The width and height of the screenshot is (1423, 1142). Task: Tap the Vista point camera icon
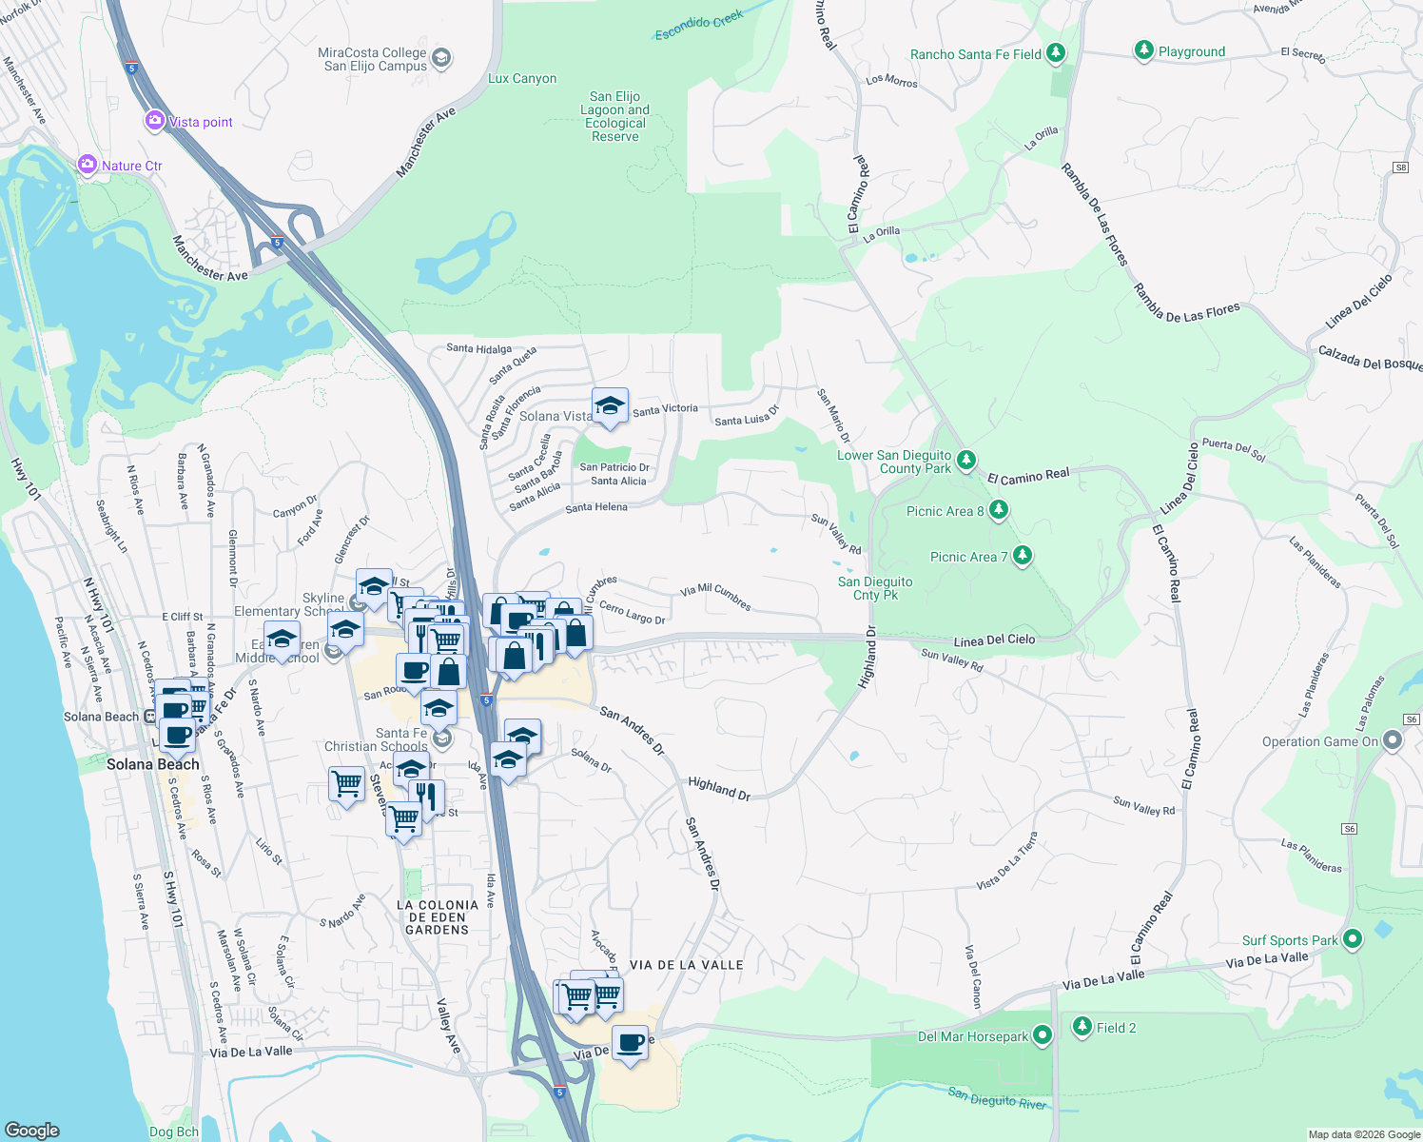[155, 121]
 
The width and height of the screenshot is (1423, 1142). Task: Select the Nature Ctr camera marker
[88, 165]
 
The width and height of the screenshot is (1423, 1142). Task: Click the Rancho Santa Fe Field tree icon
[1055, 53]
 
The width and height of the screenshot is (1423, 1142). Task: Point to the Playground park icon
[1144, 50]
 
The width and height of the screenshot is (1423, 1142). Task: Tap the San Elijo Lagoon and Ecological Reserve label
[615, 116]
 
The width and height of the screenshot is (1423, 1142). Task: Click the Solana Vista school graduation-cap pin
[610, 407]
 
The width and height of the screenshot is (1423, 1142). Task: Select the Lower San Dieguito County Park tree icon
[966, 461]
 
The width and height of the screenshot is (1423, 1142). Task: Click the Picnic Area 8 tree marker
[998, 510]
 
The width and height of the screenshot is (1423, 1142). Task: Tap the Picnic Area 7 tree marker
[1022, 555]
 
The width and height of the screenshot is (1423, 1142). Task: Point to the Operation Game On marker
[1393, 739]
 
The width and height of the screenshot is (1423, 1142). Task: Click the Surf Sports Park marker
[1352, 939]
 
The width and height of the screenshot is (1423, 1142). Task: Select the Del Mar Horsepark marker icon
[1043, 1035]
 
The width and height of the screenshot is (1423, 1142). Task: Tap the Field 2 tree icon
[1082, 1026]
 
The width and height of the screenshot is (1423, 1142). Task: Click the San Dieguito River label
[997, 1098]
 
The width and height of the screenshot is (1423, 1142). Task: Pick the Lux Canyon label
[522, 79]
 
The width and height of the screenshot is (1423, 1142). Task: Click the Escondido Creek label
[699, 26]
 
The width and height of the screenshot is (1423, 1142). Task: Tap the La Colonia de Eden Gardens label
[438, 917]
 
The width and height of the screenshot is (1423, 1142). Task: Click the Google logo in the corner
[32, 1131]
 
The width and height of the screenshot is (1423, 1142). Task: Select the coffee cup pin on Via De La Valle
[630, 1043]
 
